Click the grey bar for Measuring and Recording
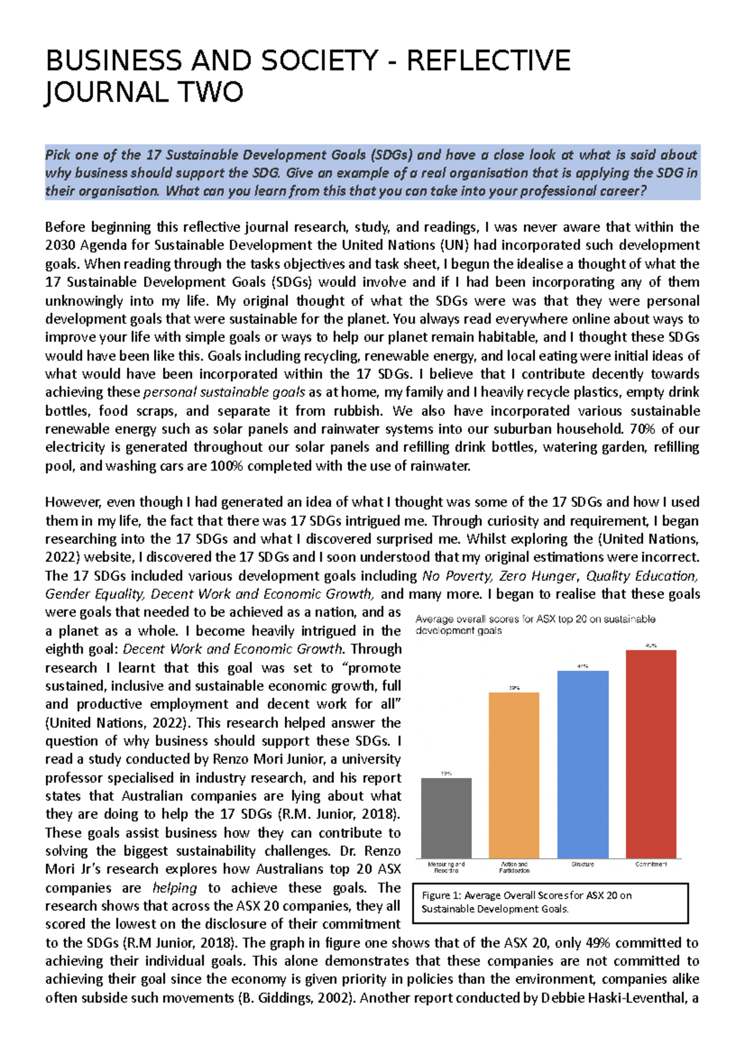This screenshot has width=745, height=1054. (446, 818)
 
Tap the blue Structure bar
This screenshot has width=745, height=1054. (582, 764)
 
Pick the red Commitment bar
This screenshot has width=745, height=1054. (651, 754)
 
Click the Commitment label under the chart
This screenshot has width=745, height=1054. (651, 864)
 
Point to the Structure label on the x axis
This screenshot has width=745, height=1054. (582, 864)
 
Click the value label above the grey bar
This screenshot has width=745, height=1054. (446, 773)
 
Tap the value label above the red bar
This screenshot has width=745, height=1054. (651, 646)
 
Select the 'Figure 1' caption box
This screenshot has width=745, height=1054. (549, 903)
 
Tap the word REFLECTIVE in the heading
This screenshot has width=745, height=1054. (488, 61)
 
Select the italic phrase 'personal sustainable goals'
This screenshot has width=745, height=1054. (224, 392)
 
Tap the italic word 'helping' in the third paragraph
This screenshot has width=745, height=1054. (174, 888)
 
